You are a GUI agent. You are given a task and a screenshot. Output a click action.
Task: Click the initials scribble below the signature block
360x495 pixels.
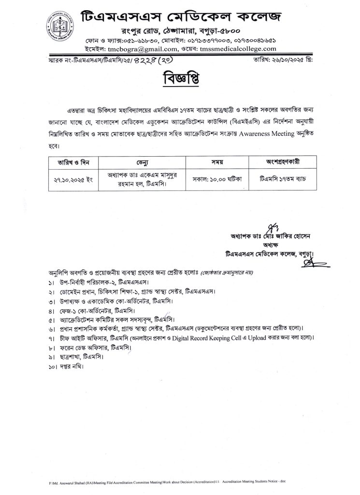pos(306,262)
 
